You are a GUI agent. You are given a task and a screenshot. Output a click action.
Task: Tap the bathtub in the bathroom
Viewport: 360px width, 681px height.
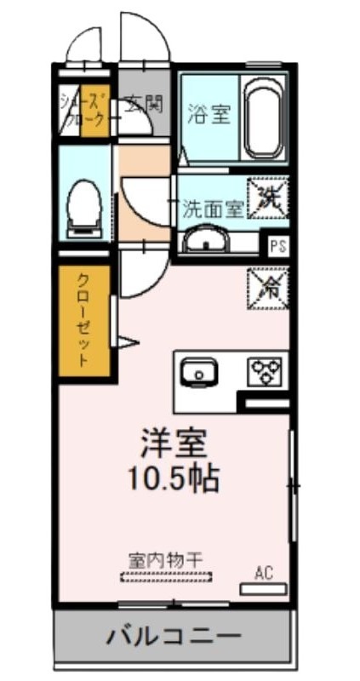[x=264, y=119]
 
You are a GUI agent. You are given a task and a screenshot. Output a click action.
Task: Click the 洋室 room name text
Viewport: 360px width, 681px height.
[x=174, y=443]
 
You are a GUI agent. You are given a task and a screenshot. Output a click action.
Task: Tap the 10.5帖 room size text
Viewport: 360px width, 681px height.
[x=174, y=479]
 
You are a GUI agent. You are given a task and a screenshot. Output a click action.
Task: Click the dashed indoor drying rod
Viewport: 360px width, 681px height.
[x=166, y=578]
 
